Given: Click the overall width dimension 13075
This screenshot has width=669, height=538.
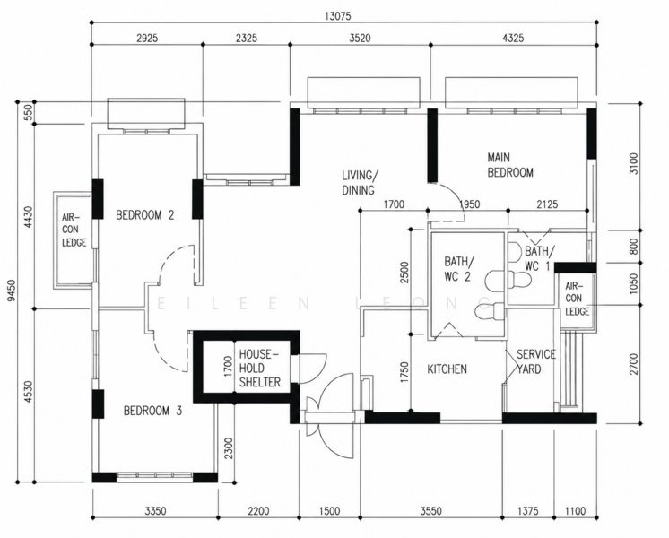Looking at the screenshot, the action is [337, 16].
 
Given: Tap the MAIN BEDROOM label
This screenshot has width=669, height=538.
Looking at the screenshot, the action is [510, 165].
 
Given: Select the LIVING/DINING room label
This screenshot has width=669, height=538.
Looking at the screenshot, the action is [360, 183].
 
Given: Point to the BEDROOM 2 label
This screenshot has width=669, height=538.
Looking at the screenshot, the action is [145, 215].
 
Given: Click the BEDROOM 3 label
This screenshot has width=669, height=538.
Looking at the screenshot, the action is [152, 411].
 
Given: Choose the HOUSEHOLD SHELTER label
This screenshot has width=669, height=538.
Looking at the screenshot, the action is [259, 369].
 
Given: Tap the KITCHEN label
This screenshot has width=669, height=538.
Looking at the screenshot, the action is [447, 369].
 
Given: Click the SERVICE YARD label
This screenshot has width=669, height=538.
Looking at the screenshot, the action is [536, 361].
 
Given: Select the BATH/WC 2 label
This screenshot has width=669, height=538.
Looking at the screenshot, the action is [457, 269].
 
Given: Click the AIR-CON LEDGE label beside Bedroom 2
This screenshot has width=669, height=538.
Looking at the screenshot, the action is [74, 230].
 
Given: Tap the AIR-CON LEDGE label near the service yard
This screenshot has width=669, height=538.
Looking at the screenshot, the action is [578, 299].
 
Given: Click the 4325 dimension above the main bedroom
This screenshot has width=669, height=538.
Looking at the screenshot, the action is [513, 38].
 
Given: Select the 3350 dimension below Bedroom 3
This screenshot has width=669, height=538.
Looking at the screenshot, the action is [155, 511].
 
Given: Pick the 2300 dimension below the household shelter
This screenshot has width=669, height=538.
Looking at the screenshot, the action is [229, 448].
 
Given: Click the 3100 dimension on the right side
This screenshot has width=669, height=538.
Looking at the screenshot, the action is [634, 163].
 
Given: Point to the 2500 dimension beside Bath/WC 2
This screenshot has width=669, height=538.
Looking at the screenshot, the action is [405, 273].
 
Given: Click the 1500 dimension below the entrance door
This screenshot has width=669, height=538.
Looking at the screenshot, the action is [329, 511].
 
